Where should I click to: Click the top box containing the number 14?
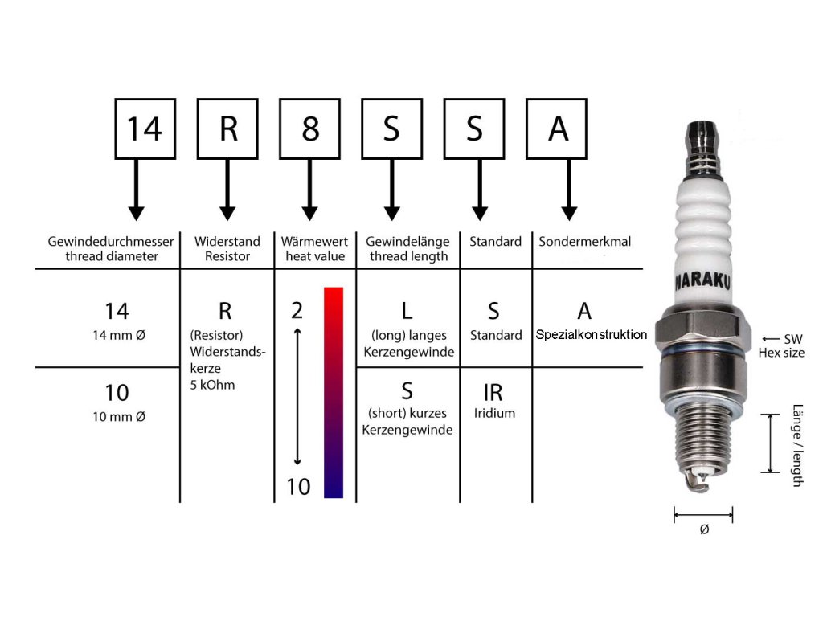[145, 129]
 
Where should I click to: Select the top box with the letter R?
[228, 129]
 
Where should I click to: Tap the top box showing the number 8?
[310, 129]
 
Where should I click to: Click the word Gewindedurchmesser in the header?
[111, 241]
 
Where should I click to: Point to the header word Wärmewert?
[314, 241]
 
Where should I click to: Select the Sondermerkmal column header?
[585, 241]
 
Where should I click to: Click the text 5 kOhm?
[212, 385]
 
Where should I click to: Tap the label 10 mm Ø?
[117, 416]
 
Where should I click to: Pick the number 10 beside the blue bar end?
[298, 486]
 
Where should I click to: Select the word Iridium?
[494, 413]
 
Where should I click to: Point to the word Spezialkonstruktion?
[591, 335]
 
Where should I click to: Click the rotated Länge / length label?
[797, 444]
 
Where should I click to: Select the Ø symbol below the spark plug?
[704, 529]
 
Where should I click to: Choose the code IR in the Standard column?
[493, 393]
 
